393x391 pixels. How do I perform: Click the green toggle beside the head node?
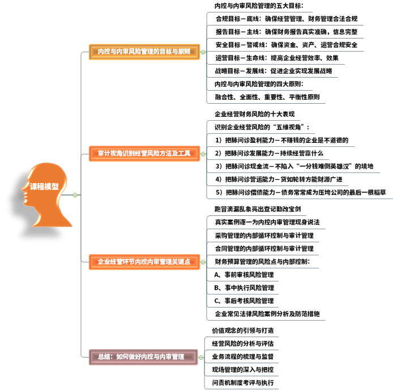coord(75,195)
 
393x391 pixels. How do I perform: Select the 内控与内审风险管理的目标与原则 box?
coord(144,52)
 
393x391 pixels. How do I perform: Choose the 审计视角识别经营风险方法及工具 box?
coord(144,154)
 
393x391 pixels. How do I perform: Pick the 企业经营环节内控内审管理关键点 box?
coord(144,262)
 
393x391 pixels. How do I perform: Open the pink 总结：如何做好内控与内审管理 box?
coord(143,357)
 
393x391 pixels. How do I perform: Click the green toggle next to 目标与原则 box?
coord(203,52)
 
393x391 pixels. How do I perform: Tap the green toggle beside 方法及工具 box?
coord(203,154)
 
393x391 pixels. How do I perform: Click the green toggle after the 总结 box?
coord(201,357)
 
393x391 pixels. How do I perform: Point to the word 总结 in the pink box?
coord(104,357)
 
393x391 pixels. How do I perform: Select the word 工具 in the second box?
coord(185,154)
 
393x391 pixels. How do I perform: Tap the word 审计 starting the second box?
coord(104,154)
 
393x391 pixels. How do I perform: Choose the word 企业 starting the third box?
coord(104,262)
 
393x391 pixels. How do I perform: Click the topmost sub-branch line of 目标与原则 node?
coord(260,12)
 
